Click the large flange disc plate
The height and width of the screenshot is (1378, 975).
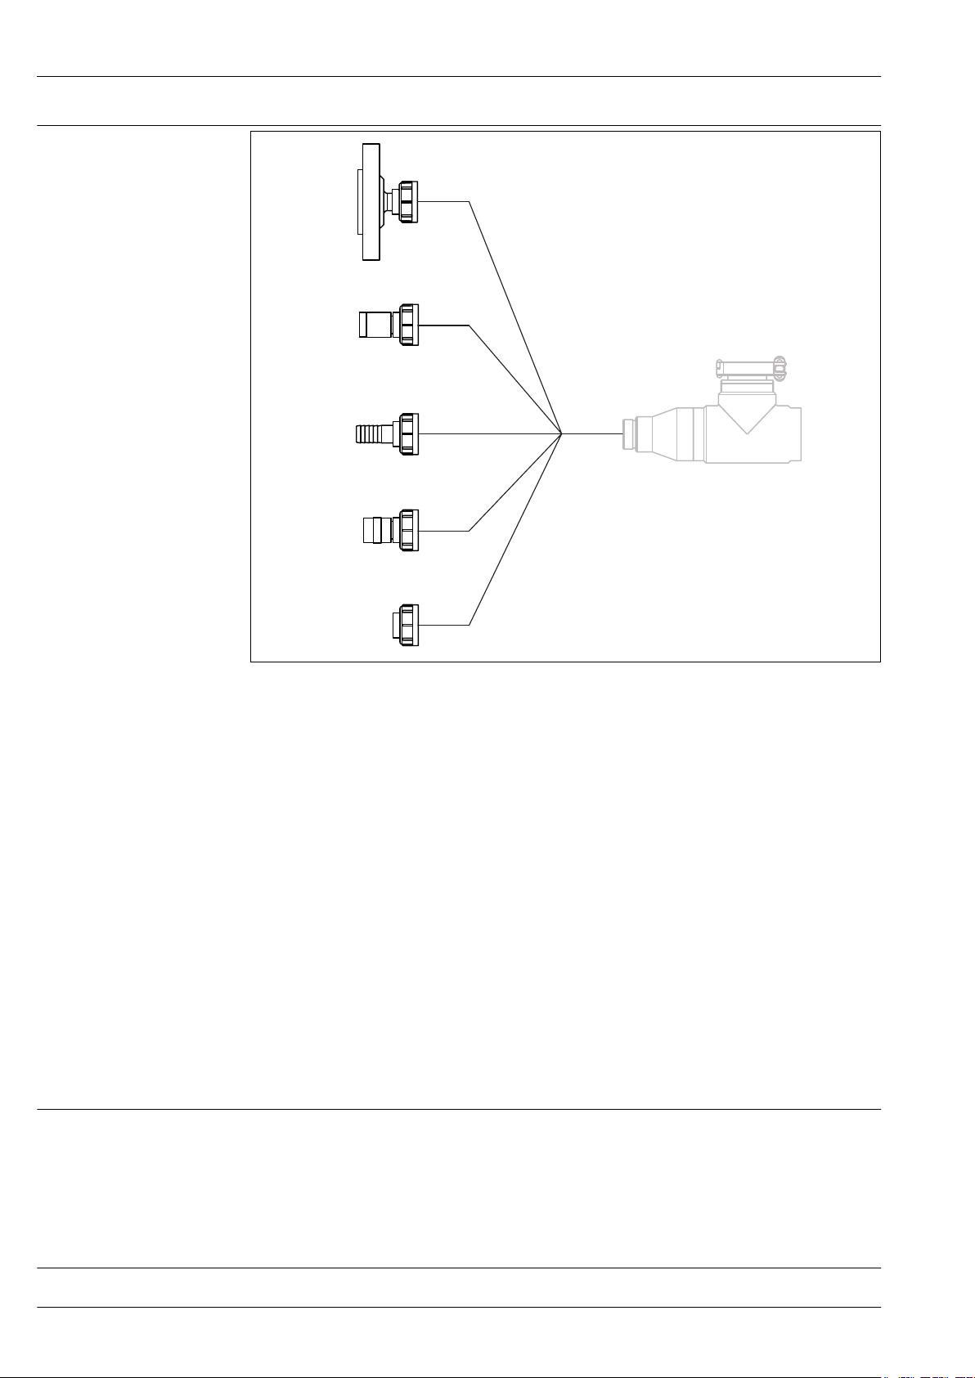click(x=371, y=201)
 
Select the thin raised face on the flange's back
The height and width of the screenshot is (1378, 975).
click(x=360, y=201)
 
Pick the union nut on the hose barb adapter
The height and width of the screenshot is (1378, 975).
click(x=408, y=433)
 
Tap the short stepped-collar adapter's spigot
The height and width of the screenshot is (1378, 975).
click(x=376, y=530)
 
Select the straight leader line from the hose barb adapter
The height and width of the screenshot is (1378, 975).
click(x=491, y=433)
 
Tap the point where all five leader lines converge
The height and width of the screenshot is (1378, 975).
click(x=562, y=433)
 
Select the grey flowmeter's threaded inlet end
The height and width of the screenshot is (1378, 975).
click(x=629, y=433)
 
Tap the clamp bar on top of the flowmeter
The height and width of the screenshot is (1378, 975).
click(x=748, y=366)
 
